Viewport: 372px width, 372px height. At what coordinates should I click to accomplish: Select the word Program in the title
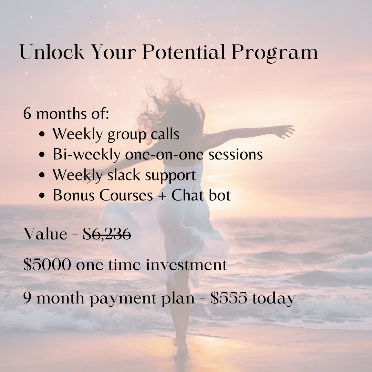click(275, 53)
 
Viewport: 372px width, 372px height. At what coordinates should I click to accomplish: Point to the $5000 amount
click(47, 265)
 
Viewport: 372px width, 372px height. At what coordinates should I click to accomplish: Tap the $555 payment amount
click(228, 298)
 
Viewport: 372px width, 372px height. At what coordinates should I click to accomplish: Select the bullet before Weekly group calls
click(42, 134)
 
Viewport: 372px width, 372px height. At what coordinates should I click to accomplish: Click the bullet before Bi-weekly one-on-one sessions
click(42, 155)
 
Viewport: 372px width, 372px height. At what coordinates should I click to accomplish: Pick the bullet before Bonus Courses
click(42, 196)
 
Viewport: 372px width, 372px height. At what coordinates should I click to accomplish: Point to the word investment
click(186, 265)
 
